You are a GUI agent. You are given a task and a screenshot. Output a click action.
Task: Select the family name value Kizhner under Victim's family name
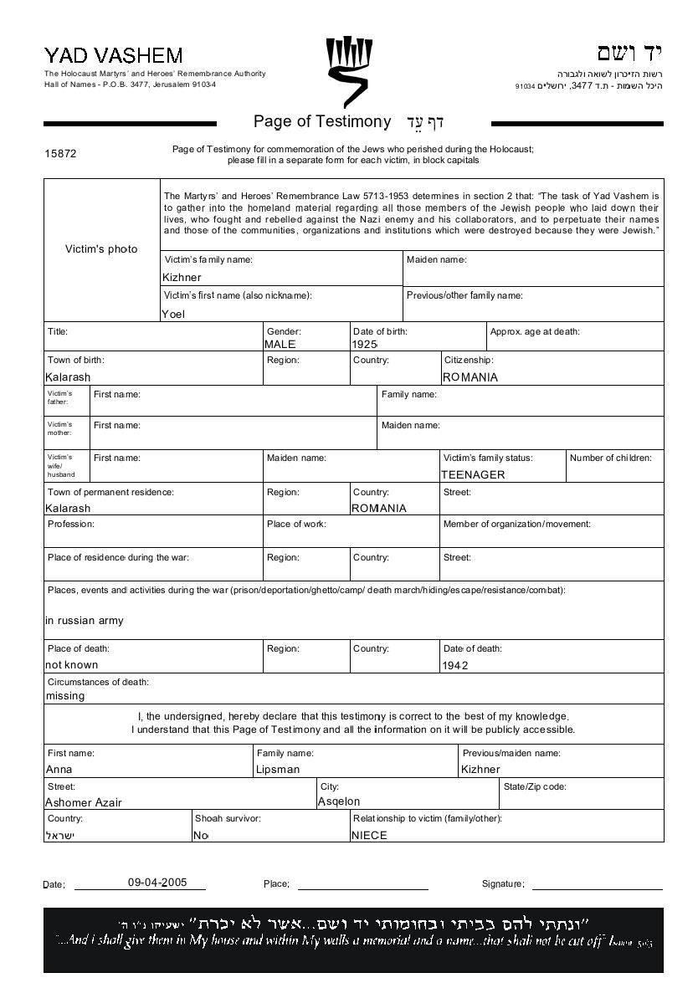tap(182, 277)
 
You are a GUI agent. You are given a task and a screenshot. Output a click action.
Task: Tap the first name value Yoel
tap(173, 315)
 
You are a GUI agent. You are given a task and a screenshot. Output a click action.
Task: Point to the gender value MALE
tap(280, 344)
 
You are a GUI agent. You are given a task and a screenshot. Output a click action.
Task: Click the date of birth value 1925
tap(365, 344)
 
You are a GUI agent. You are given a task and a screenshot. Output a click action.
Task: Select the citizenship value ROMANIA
tap(470, 377)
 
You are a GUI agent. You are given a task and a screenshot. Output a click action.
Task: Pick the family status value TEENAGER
tap(473, 474)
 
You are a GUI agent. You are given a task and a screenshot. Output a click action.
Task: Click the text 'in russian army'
tap(84, 621)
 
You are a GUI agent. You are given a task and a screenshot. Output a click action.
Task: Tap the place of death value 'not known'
tap(71, 665)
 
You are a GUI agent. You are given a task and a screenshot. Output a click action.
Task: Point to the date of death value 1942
tap(454, 666)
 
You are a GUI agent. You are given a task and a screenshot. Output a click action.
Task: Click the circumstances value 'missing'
tap(64, 696)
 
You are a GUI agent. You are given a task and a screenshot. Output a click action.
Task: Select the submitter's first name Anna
tap(59, 770)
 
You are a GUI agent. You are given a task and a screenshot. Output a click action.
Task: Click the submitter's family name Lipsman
tap(278, 770)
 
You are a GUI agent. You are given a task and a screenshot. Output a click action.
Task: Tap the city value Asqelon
tap(339, 801)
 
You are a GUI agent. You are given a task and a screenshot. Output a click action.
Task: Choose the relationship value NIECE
tap(369, 835)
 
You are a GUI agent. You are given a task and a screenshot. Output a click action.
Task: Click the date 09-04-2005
tap(157, 883)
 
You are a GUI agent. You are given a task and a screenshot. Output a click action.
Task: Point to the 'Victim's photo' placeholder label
tap(101, 249)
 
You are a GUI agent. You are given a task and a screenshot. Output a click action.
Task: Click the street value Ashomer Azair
tap(83, 802)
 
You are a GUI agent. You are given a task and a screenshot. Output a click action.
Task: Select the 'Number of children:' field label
tap(610, 458)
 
